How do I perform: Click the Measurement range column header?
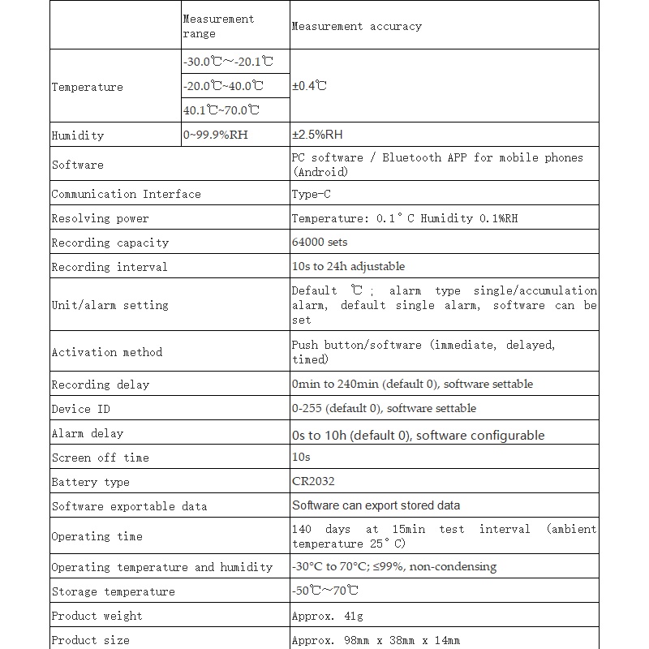tap(218, 26)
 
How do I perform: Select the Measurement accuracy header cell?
tap(356, 26)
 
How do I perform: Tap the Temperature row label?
tap(87, 87)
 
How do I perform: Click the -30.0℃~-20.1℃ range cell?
tap(228, 61)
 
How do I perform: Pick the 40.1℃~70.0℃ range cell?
tap(221, 110)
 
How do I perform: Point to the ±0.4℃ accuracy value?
tap(309, 85)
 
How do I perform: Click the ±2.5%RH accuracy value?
tap(317, 135)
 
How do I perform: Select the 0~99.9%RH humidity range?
tap(216, 135)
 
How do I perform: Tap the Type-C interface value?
tap(311, 194)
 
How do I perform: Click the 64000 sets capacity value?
tap(320, 242)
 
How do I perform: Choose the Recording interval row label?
tap(109, 267)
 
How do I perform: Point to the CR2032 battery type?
tap(313, 481)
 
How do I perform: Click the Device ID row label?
tap(80, 409)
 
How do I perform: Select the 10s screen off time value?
tap(301, 457)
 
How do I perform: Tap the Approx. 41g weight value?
tap(327, 616)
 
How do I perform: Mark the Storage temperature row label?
tap(113, 591)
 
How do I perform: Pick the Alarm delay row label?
tap(87, 433)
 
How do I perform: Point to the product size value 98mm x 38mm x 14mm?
tap(376, 640)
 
